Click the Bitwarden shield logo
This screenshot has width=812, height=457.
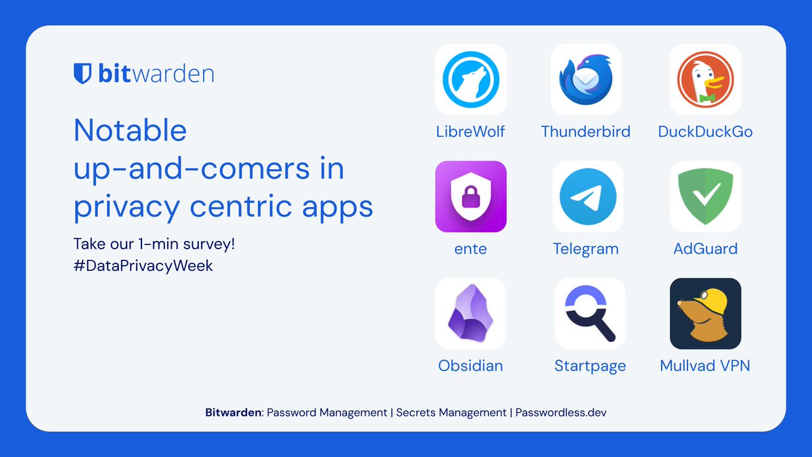click(82, 73)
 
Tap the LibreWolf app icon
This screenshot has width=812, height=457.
click(471, 80)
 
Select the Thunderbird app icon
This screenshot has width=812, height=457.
click(585, 80)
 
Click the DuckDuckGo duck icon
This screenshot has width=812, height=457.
click(705, 80)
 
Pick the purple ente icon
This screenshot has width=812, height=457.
click(471, 197)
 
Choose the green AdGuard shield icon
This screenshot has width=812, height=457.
click(705, 197)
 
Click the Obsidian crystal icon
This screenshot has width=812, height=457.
click(471, 313)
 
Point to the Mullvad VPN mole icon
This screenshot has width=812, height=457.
click(705, 313)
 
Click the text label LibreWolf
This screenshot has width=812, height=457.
click(471, 131)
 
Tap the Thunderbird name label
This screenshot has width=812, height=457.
click(585, 131)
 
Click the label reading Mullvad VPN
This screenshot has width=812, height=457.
click(705, 366)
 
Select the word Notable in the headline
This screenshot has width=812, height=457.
click(130, 129)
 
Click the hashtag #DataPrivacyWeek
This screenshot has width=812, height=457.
click(143, 265)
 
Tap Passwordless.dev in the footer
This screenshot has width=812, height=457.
click(561, 412)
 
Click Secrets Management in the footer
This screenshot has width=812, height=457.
click(451, 412)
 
